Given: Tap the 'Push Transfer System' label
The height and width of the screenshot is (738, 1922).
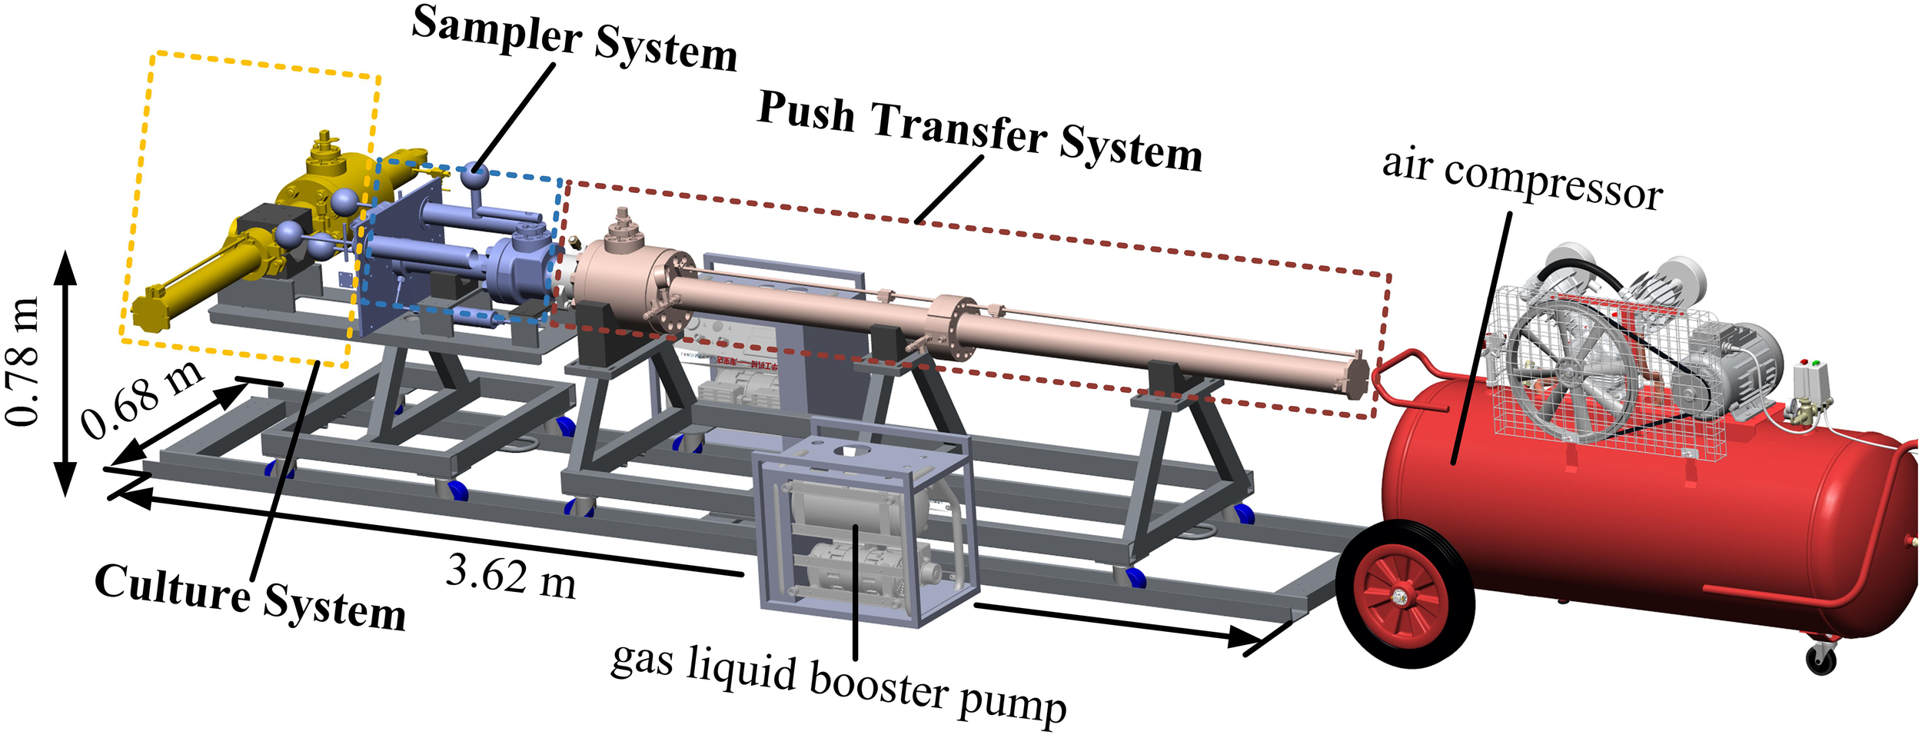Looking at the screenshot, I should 979,131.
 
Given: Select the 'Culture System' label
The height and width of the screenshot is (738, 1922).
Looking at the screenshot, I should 250,597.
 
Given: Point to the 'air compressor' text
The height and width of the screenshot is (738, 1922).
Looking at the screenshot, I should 1522,179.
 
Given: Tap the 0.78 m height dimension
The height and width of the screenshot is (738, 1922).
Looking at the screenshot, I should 23,361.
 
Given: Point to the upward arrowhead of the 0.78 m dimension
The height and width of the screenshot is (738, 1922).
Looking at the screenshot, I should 65,265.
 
